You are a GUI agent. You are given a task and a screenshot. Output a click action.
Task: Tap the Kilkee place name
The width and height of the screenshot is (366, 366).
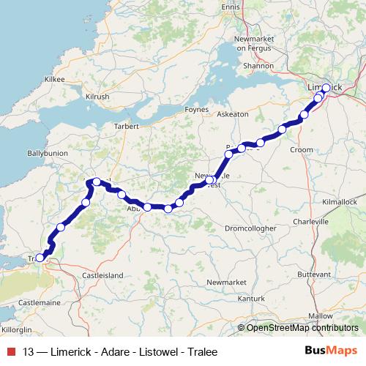coord(55,79)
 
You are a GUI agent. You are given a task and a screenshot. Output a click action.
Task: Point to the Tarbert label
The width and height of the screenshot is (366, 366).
coord(126,126)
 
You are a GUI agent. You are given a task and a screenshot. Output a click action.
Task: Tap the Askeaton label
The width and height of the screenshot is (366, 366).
coord(234,114)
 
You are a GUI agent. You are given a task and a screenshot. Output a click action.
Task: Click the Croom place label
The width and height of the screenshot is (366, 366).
coord(302,149)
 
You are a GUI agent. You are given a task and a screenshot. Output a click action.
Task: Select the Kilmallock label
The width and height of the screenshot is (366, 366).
coord(339,201)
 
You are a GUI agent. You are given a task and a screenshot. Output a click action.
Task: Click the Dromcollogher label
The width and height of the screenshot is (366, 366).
coord(250,228)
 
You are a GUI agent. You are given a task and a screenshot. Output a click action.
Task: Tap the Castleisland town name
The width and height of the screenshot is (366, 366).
coord(102,275)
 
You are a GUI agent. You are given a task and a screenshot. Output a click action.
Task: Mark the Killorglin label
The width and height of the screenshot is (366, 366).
coord(17,330)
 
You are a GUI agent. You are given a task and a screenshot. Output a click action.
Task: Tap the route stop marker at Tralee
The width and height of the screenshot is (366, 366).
coord(40,257)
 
